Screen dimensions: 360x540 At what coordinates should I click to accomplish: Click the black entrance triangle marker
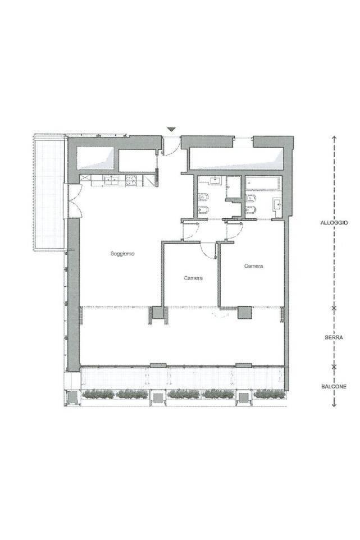coord(171,130)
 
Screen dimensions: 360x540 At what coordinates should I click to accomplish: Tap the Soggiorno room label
coord(122,254)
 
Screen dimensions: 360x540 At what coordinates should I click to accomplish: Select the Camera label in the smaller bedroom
coord(193,278)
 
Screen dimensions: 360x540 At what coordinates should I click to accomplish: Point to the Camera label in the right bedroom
coord(253,266)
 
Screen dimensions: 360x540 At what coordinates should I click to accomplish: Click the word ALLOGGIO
coord(334,223)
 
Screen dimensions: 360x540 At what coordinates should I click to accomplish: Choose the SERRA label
coord(334,337)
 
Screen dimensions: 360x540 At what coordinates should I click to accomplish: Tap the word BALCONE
coord(334,387)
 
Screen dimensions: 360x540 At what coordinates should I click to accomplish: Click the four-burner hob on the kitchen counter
coord(131,180)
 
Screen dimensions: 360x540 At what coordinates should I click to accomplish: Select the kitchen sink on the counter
coord(111,180)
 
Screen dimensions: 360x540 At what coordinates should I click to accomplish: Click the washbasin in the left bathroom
coord(215,180)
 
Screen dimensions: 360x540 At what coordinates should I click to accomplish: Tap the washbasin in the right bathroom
coord(277,204)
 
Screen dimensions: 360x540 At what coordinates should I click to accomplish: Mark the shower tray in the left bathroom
coord(234,187)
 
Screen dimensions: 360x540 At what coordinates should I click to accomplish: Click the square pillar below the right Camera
coord(245,313)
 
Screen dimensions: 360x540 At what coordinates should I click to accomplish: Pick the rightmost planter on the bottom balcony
coord(269,393)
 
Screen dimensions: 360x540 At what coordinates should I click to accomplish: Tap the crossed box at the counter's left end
coord(85,179)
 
